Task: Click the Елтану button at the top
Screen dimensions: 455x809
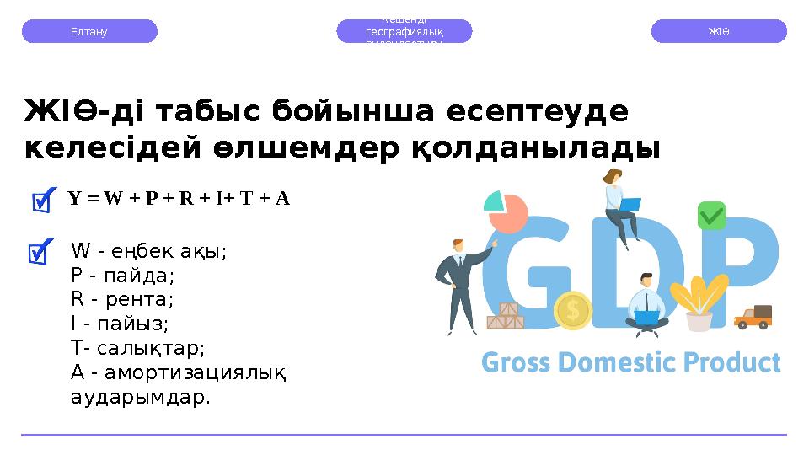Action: [x=88, y=31]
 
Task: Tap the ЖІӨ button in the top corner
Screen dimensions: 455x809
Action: [x=719, y=31]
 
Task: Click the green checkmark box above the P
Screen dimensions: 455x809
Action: [x=711, y=216]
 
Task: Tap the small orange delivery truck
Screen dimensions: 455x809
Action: [x=753, y=317]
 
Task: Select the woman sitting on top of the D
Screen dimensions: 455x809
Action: [x=617, y=202]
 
